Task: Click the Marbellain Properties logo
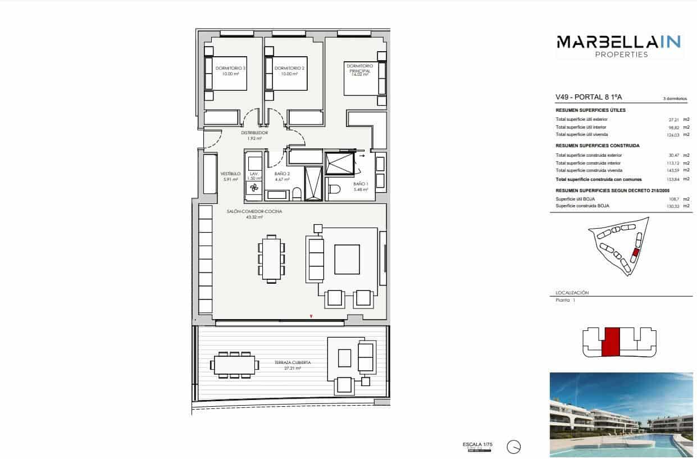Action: [x=618, y=46]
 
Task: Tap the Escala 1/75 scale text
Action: [x=477, y=444]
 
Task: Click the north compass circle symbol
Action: [x=513, y=447]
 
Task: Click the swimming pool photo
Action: [x=621, y=414]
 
